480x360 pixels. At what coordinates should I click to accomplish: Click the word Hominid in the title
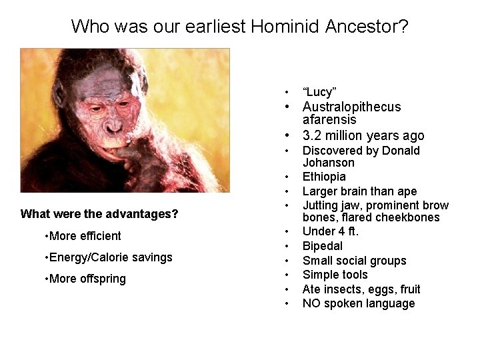click(285, 27)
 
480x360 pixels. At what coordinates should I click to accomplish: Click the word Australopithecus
click(351, 107)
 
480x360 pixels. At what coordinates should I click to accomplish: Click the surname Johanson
click(328, 163)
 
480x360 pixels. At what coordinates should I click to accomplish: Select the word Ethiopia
click(324, 177)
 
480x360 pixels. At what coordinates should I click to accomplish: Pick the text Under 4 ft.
click(331, 231)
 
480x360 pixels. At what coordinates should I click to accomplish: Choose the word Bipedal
click(322, 246)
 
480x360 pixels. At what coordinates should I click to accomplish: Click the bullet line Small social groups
click(354, 261)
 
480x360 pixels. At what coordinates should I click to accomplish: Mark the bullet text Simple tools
click(335, 275)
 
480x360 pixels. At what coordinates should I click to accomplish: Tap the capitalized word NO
click(311, 303)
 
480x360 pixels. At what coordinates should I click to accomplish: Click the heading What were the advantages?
click(99, 214)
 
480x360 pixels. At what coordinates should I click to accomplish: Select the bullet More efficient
click(83, 236)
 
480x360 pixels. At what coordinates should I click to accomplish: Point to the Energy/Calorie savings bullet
click(109, 257)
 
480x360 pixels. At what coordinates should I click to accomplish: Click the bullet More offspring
click(85, 279)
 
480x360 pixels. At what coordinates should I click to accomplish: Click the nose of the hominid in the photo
click(113, 123)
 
